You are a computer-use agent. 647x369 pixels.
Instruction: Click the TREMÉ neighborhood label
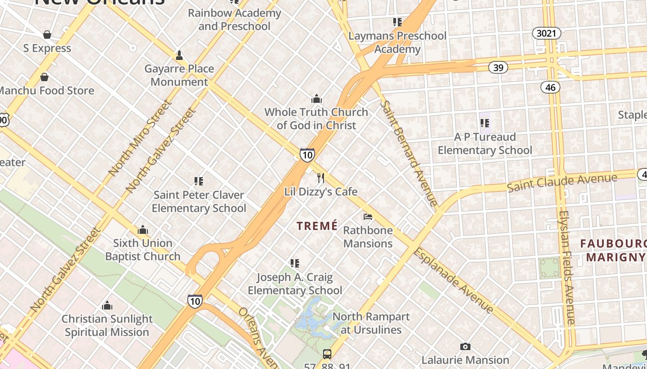[317, 226]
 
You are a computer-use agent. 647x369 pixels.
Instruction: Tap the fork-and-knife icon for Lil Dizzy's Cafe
[321, 178]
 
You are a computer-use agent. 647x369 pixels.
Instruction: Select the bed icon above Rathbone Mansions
[368, 216]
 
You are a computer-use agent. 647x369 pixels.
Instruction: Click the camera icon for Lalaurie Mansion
[465, 346]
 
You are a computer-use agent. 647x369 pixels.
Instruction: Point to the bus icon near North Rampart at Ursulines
[327, 354]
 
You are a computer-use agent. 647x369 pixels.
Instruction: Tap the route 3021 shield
[547, 33]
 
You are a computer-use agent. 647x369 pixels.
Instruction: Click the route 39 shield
[498, 68]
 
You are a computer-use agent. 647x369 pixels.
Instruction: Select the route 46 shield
[550, 87]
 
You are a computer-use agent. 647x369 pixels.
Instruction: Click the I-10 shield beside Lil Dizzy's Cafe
[307, 155]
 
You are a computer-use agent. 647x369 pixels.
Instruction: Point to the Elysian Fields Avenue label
[567, 268]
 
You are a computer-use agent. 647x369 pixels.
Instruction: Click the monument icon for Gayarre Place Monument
[179, 55]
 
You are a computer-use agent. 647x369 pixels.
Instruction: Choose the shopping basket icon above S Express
[47, 35]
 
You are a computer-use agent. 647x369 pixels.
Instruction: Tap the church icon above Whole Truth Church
[317, 99]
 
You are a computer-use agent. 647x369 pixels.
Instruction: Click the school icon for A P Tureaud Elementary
[485, 123]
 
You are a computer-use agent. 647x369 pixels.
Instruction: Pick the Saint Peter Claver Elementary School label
[199, 202]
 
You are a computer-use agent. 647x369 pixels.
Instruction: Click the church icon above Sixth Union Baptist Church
[142, 230]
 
